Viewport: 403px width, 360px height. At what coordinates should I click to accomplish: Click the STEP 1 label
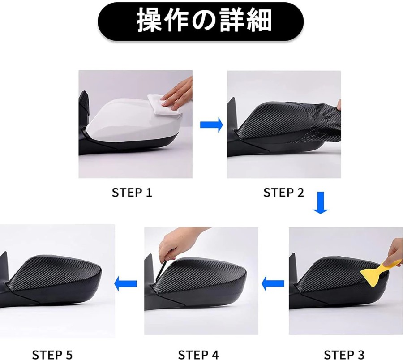pos(132,193)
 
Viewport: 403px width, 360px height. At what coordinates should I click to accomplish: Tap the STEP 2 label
pos(284,193)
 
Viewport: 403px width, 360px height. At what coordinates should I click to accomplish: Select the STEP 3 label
pos(344,355)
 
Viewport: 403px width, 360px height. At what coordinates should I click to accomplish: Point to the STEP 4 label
pos(198,355)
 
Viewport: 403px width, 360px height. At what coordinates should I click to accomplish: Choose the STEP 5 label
pos(52,355)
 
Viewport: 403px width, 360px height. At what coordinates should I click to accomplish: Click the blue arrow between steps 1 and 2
pos(211,124)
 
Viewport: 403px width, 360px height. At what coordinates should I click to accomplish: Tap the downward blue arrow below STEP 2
pos(321,203)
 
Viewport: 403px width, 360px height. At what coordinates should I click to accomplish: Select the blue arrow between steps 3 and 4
pos(273,284)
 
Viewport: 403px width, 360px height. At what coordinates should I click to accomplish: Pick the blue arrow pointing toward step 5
pos(125,284)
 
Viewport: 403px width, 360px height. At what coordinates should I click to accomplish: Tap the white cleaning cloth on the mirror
pos(164,107)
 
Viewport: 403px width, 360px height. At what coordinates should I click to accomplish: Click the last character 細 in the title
pos(259,21)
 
